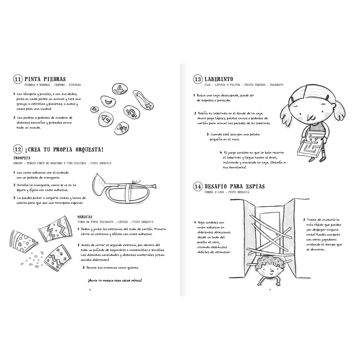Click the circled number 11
coord(18,79)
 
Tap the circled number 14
coord(198,186)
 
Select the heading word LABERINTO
coord(219,79)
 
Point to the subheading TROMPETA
coord(22,158)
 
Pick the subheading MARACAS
coord(85,217)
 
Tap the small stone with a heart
coord(94,109)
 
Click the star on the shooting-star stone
coord(148,106)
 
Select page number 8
coord(90,290)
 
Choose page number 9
coord(270,290)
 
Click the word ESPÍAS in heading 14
coord(255,186)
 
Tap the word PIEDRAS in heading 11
coord(55,79)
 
